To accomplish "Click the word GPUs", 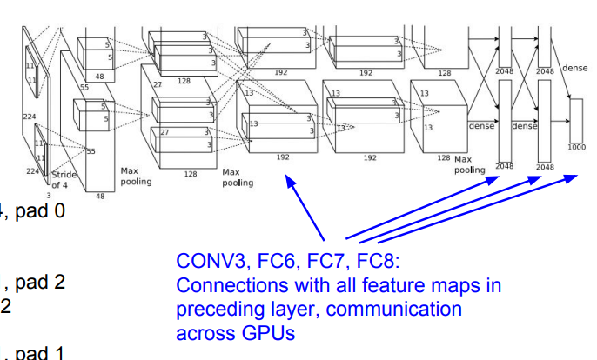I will (x=250, y=332).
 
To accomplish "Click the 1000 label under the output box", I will (x=576, y=147).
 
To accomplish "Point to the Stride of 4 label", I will (x=65, y=179).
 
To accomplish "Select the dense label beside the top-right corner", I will (x=575, y=68).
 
